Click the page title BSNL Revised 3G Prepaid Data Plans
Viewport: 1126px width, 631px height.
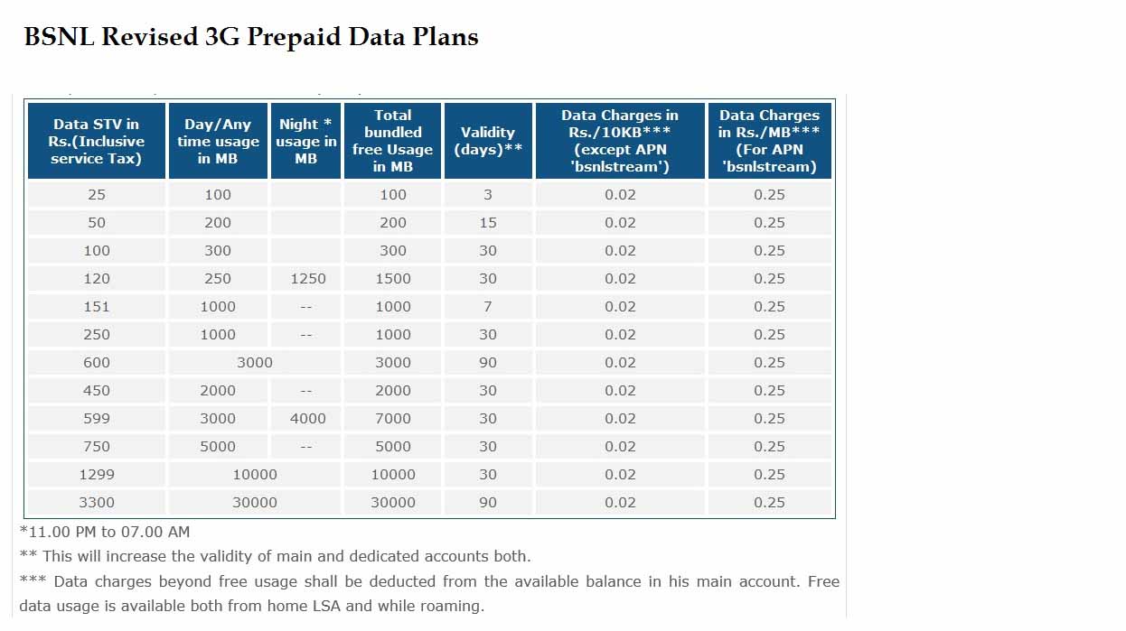(250, 37)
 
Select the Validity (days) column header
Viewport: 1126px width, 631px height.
(488, 141)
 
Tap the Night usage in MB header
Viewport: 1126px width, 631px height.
(305, 141)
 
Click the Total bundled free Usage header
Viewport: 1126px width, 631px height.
(393, 141)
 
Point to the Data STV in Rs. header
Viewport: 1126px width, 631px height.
(97, 141)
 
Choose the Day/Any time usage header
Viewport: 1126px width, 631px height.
(218, 141)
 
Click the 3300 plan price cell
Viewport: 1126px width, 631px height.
(97, 503)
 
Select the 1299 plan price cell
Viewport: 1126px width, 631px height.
(97, 475)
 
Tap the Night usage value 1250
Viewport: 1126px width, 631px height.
(308, 279)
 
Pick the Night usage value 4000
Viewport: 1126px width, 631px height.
(308, 419)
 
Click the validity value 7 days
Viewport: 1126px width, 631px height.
(488, 307)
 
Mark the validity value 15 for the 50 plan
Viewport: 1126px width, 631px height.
(488, 223)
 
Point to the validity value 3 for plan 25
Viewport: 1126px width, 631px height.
(488, 195)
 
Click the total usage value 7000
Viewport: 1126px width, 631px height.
(393, 419)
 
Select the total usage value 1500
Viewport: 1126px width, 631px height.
(393, 279)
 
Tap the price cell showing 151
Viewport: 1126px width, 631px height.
(97, 307)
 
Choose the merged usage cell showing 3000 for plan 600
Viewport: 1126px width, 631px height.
(255, 363)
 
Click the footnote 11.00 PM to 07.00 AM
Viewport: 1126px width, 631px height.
(105, 532)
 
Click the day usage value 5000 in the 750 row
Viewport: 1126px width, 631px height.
(218, 447)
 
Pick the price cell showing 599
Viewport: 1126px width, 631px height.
(97, 419)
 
